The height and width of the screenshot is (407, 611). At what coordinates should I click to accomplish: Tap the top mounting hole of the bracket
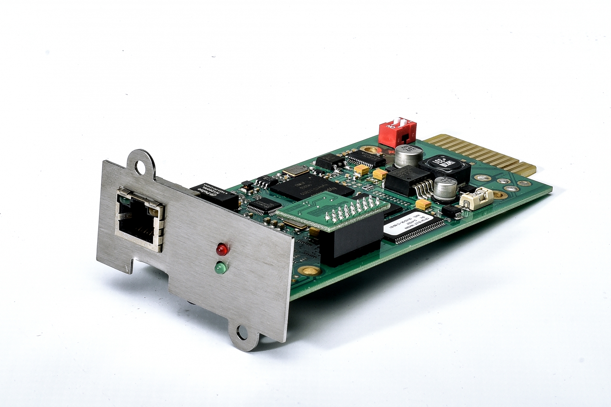pyautogui.click(x=141, y=167)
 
